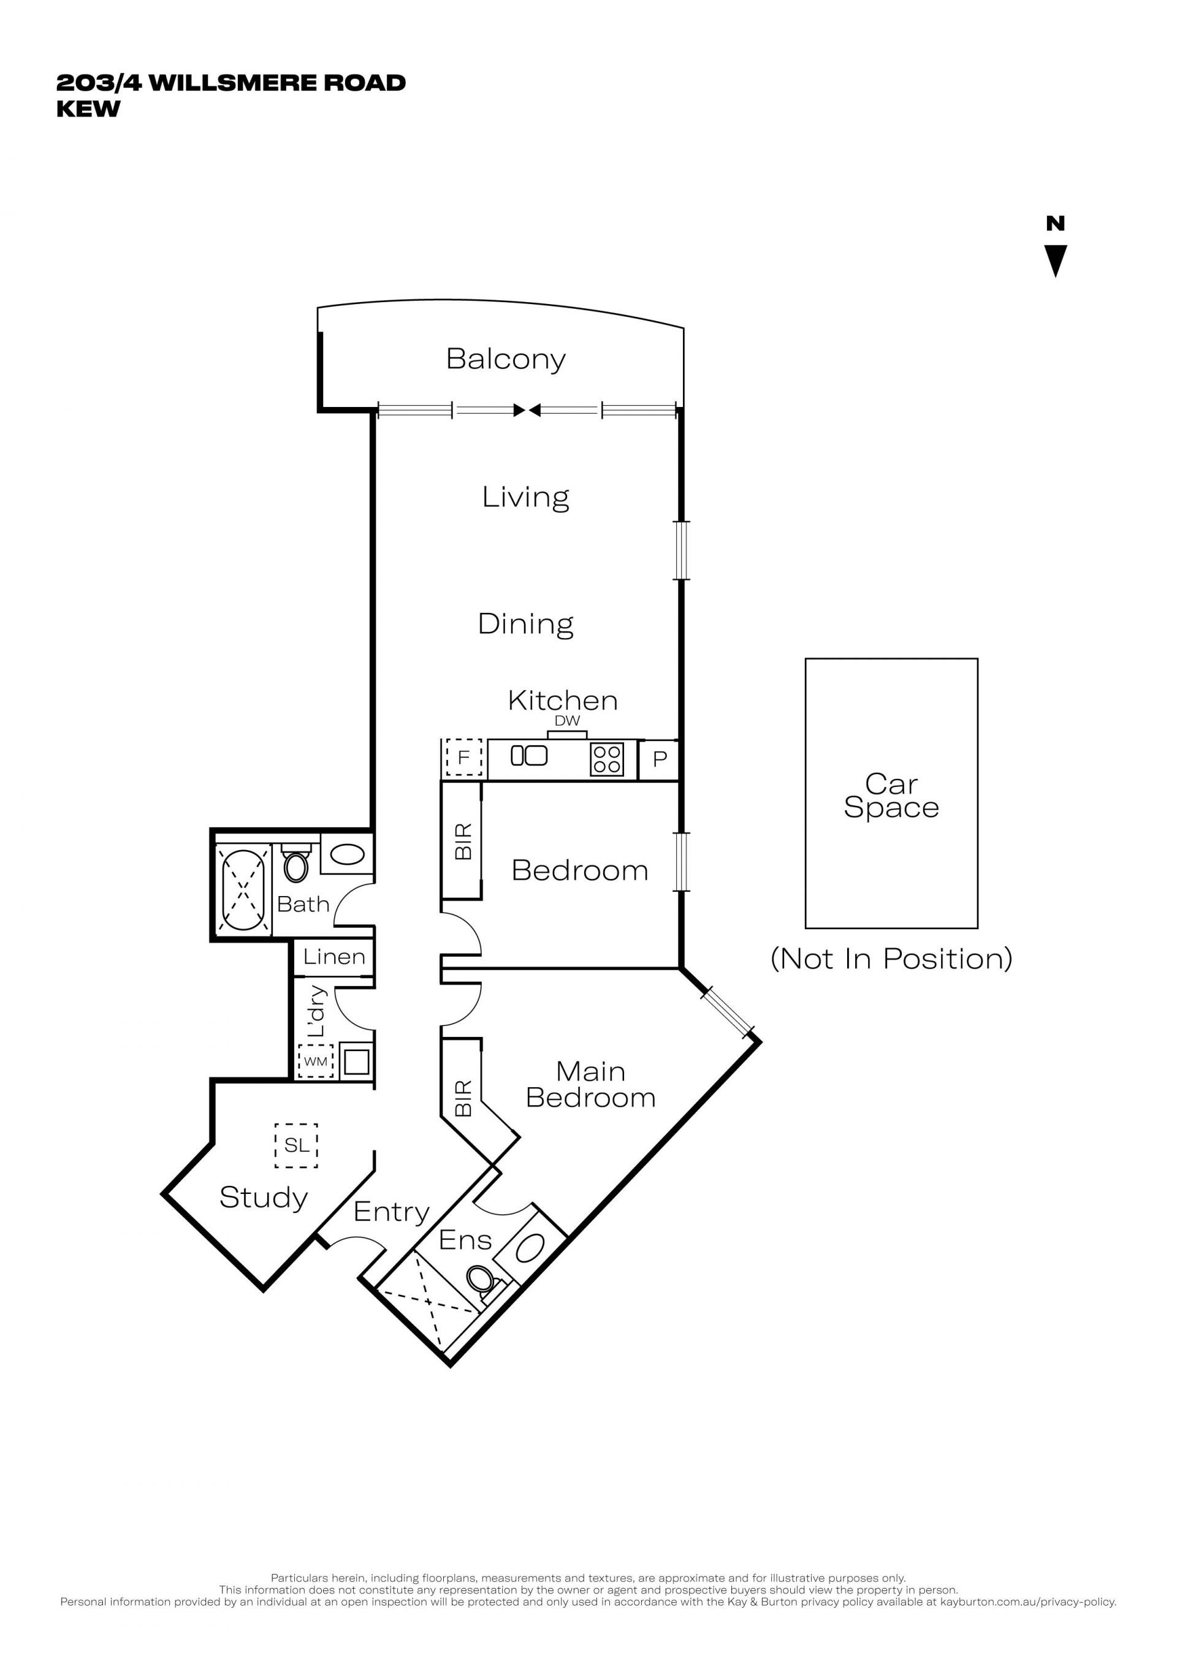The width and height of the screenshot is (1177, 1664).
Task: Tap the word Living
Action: pos(525,497)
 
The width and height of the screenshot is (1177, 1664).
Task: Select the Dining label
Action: pos(525,624)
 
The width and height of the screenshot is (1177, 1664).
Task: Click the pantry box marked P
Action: pos(659,759)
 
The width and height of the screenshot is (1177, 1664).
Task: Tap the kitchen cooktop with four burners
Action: pos(607,759)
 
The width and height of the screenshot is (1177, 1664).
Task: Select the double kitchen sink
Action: pos(529,755)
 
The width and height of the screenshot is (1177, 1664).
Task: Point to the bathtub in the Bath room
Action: pos(243,890)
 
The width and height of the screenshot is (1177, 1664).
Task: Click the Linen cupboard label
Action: pos(333,957)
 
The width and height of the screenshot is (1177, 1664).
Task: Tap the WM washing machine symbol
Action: pos(315,1061)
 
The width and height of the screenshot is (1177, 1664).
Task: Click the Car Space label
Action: pos(891,796)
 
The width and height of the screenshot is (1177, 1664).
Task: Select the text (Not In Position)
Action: pos(891,959)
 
